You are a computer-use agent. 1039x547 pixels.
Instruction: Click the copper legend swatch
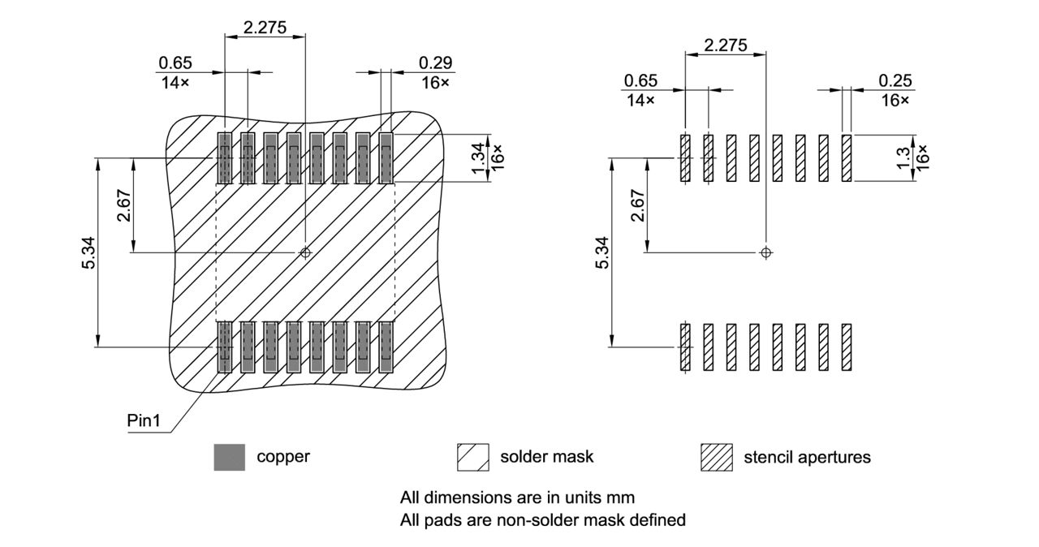pyautogui.click(x=229, y=457)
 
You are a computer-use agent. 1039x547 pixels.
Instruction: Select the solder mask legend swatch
pyautogui.click(x=473, y=457)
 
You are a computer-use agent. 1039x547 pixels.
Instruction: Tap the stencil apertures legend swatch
pyautogui.click(x=716, y=457)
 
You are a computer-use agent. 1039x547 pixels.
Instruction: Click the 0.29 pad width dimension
pyautogui.click(x=436, y=63)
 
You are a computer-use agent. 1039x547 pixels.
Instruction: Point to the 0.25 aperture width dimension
pyautogui.click(x=895, y=80)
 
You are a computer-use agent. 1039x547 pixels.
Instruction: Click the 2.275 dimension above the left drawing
pyautogui.click(x=265, y=27)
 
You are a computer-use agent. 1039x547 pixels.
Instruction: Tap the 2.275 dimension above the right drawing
pyautogui.click(x=726, y=45)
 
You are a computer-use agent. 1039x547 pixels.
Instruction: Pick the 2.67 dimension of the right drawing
pyautogui.click(x=636, y=205)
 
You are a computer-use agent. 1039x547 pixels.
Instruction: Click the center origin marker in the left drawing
pyautogui.click(x=305, y=252)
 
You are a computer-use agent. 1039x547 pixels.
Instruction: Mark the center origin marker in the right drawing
pyautogui.click(x=765, y=252)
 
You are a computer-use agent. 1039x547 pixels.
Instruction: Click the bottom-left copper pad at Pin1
pyautogui.click(x=225, y=347)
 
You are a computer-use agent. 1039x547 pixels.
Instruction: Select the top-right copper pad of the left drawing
pyautogui.click(x=386, y=158)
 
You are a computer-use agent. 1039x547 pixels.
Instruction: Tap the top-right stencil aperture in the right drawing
pyautogui.click(x=847, y=158)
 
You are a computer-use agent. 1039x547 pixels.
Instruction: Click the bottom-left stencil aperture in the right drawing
pyautogui.click(x=685, y=347)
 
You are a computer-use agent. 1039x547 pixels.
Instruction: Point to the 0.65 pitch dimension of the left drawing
pyautogui.click(x=175, y=63)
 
